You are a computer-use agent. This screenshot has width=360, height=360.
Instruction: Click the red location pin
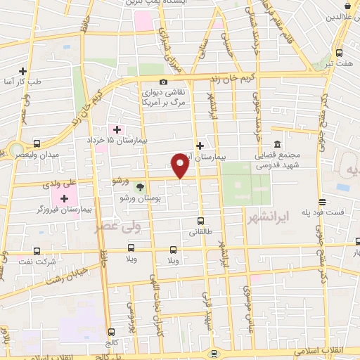click(x=181, y=166)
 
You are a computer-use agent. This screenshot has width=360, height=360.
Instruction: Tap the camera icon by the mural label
click(x=164, y=82)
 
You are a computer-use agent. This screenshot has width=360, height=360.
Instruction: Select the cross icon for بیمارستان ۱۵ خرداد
click(x=117, y=129)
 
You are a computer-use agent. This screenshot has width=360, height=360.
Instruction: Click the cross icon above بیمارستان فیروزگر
click(x=64, y=199)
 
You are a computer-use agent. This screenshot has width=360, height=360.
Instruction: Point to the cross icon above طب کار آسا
click(x=23, y=71)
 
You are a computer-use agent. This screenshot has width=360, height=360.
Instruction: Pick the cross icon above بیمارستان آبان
click(x=200, y=146)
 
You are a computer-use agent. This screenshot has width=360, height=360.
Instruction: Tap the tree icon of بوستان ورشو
click(x=139, y=188)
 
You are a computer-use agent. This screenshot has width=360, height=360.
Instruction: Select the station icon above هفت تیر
click(x=340, y=53)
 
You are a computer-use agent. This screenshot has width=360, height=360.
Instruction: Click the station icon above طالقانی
click(x=200, y=220)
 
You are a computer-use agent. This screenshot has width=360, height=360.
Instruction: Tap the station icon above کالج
click(x=111, y=331)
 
